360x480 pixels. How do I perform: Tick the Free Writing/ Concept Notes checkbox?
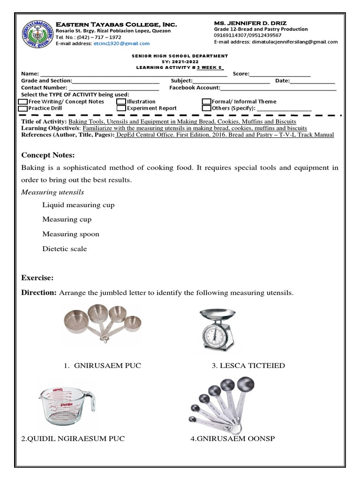(22, 102)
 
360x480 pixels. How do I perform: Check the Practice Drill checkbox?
(22, 108)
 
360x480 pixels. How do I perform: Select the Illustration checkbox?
(121, 102)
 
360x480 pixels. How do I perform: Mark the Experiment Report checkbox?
(121, 108)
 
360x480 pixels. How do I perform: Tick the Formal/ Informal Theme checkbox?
(207, 102)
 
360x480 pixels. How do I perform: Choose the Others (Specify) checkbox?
(207, 108)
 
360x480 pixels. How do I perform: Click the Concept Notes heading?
(48, 155)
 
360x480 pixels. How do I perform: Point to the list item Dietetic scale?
(64, 249)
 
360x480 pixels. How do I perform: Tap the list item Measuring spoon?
(70, 234)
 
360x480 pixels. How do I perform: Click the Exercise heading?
(37, 278)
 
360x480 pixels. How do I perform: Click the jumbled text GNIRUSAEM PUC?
(107, 366)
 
